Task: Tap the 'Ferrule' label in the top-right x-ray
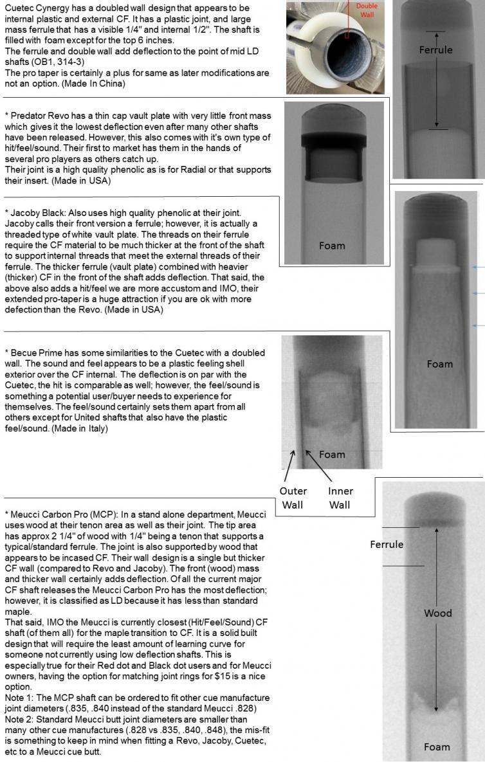click(435, 50)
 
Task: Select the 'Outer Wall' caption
click(293, 497)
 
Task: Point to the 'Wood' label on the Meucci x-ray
click(437, 613)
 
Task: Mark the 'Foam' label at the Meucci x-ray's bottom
click(437, 747)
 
